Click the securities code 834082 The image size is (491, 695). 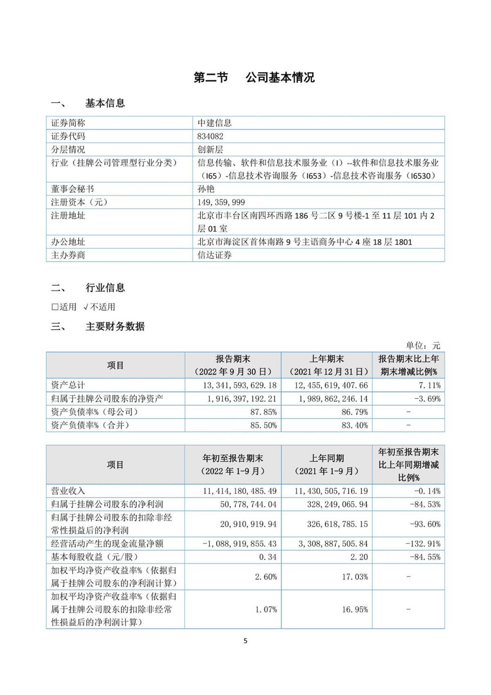click(x=210, y=136)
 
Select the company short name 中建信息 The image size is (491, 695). click(x=214, y=123)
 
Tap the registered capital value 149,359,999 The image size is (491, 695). click(x=221, y=202)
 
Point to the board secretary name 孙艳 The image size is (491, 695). click(x=206, y=189)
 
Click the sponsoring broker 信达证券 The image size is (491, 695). click(x=214, y=255)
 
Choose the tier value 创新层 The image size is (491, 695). click(x=210, y=149)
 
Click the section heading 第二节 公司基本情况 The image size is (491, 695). click(x=254, y=77)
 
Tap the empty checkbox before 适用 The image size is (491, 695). click(x=55, y=307)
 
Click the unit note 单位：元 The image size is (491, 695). click(x=423, y=345)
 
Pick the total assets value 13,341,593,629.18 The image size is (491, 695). click(x=240, y=385)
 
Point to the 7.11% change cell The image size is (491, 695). click(x=430, y=385)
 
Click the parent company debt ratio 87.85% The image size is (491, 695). click(x=264, y=412)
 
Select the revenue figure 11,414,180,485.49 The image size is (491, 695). click(x=240, y=491)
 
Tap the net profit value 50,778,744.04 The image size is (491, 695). click(x=248, y=504)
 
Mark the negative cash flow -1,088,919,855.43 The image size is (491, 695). click(x=240, y=544)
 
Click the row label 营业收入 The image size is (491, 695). click(x=68, y=491)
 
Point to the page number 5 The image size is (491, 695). click(x=245, y=641)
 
